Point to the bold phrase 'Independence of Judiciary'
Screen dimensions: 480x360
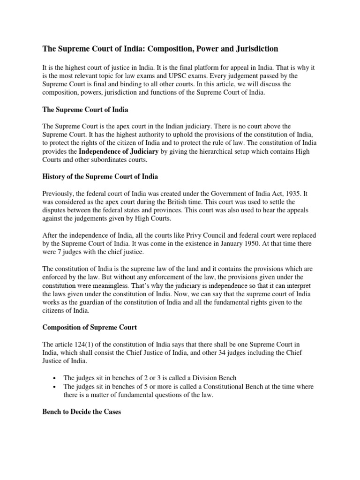119,151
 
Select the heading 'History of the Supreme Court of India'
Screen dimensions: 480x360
100,177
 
